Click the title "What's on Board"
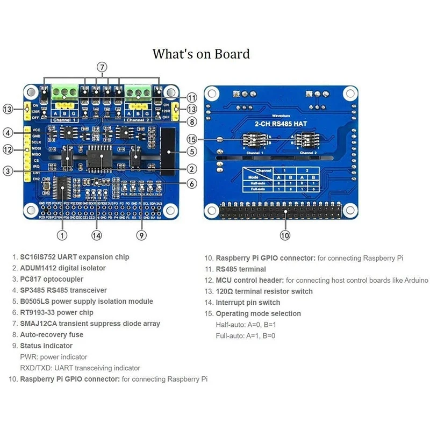click(x=201, y=54)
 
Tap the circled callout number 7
click(x=102, y=67)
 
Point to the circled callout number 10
click(x=285, y=235)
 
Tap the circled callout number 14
click(x=97, y=235)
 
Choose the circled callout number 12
click(x=8, y=149)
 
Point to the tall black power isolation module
click(x=169, y=148)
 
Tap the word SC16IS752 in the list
click(x=39, y=257)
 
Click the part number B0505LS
click(x=36, y=302)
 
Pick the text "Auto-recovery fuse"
click(x=52, y=335)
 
